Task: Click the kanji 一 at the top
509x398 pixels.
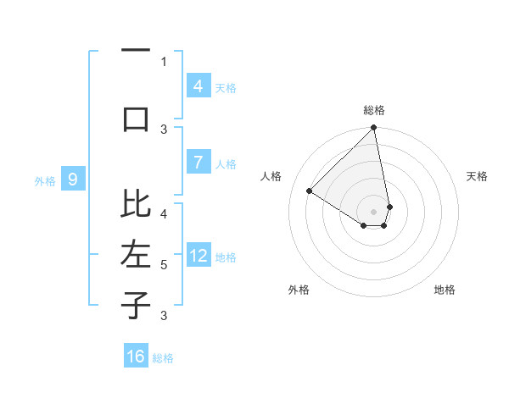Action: click(136, 51)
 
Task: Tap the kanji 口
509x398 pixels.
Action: click(136, 119)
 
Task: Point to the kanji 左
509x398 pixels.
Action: click(136, 254)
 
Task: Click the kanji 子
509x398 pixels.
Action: click(136, 305)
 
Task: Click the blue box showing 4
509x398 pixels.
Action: click(198, 86)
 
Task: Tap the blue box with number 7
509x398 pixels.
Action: click(198, 163)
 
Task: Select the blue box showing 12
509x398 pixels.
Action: click(198, 257)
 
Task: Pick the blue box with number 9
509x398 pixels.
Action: click(73, 179)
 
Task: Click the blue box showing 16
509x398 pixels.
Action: click(136, 357)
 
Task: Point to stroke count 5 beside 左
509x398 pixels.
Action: click(164, 265)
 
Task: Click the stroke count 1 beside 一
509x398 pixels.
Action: click(164, 61)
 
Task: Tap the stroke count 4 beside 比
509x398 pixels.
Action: click(164, 213)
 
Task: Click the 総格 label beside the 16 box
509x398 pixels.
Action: click(163, 358)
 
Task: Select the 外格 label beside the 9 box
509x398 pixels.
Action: click(45, 180)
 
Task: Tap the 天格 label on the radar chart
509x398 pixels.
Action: click(478, 176)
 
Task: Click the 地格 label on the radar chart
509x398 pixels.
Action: click(445, 290)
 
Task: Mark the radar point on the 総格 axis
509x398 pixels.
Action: click(373, 129)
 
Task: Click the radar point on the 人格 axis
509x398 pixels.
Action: click(310, 191)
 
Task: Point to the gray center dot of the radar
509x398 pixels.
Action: click(373, 211)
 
